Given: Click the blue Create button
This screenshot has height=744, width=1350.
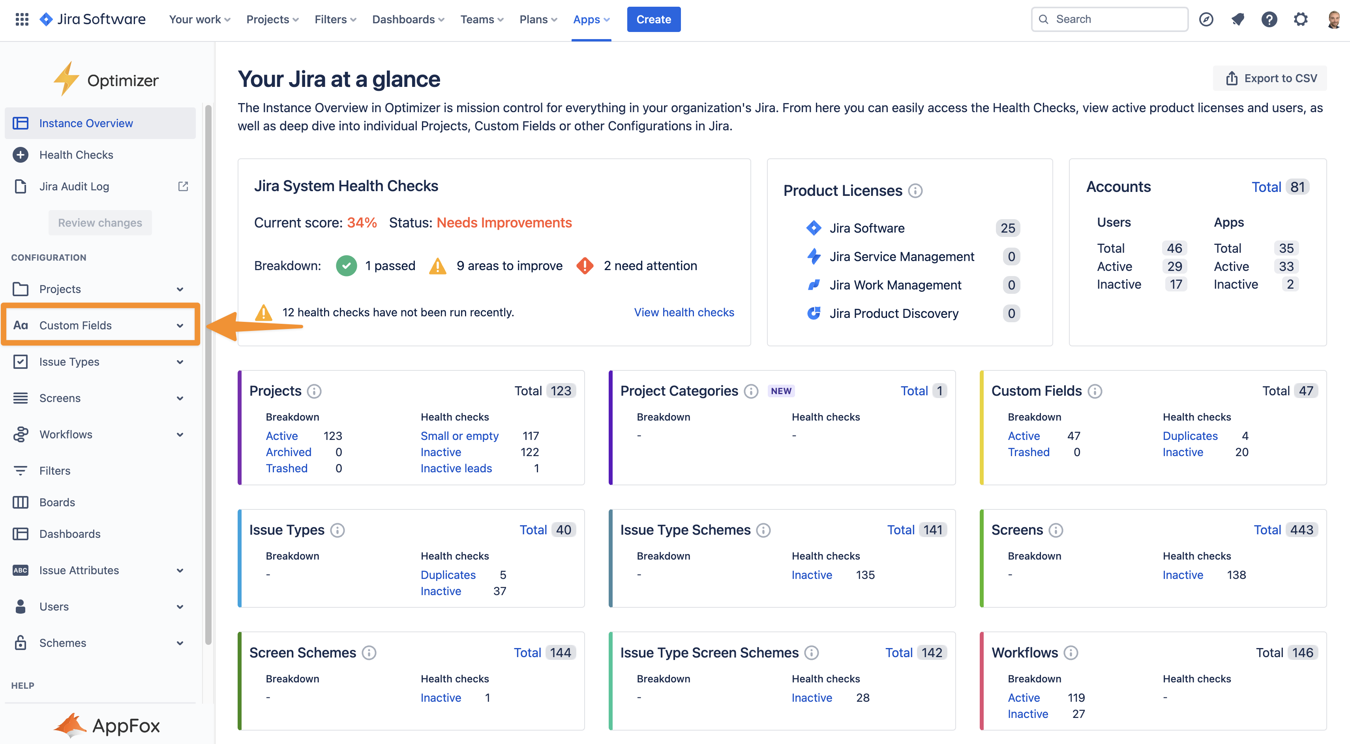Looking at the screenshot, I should click(654, 19).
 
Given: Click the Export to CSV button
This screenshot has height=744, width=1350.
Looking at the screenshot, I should click(1270, 78).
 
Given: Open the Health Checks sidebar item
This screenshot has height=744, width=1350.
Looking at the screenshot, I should click(76, 155).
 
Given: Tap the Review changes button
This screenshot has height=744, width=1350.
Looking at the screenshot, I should click(100, 223).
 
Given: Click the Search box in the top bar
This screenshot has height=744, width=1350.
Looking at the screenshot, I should click(1110, 19).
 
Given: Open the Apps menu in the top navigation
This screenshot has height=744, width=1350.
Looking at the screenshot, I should click(591, 19).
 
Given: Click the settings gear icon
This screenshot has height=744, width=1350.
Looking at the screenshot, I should click(1300, 19).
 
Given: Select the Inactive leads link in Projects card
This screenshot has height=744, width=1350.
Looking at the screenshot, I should click(456, 468).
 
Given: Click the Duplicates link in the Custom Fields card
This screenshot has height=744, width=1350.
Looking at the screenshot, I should click(1190, 436).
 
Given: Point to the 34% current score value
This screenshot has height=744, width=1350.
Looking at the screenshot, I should click(362, 223).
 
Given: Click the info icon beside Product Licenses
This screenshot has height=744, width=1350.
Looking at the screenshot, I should click(915, 191).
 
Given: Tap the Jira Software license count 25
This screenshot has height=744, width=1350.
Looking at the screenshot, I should click(1007, 228).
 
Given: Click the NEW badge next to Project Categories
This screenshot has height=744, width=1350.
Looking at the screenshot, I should click(781, 391).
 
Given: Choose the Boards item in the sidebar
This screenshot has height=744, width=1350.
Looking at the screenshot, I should click(57, 502).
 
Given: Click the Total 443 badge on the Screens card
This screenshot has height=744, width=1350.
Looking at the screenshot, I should click(1284, 530).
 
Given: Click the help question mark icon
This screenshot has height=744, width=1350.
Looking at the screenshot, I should click(1269, 19).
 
